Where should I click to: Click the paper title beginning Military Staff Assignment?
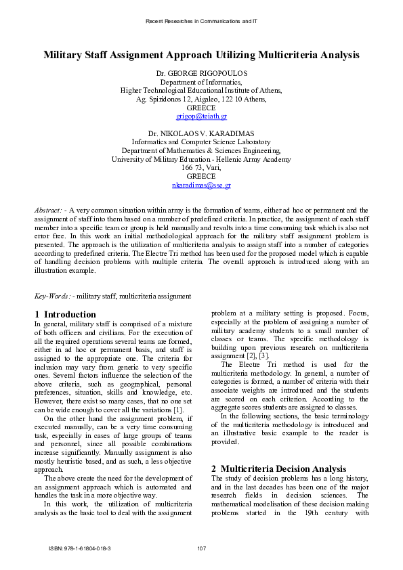tap(201, 55)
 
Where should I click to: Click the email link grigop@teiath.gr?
tap(201, 116)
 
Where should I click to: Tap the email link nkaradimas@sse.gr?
tap(201, 185)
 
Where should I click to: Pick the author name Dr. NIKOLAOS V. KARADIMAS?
tap(201, 133)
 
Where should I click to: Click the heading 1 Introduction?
tap(65, 314)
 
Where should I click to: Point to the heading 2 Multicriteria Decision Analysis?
tap(278, 468)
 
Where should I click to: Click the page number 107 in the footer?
tap(201, 547)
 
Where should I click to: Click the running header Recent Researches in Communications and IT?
tap(201, 22)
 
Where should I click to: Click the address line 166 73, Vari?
tap(201, 167)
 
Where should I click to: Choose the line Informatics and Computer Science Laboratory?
tap(201, 142)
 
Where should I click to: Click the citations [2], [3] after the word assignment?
tap(257, 355)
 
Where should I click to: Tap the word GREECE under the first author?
tap(201, 108)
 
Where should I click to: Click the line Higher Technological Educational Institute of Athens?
tap(201, 90)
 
